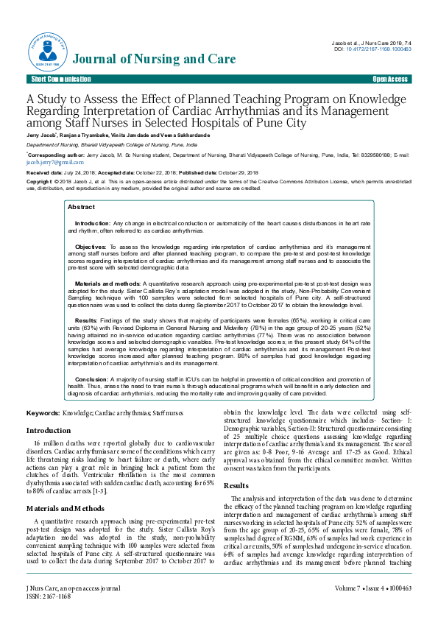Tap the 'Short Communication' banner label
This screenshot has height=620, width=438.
[x=56, y=79]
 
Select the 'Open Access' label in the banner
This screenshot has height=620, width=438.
[x=390, y=79]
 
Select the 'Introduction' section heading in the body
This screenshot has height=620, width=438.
[x=49, y=431]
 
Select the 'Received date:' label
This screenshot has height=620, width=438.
[x=43, y=172]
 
